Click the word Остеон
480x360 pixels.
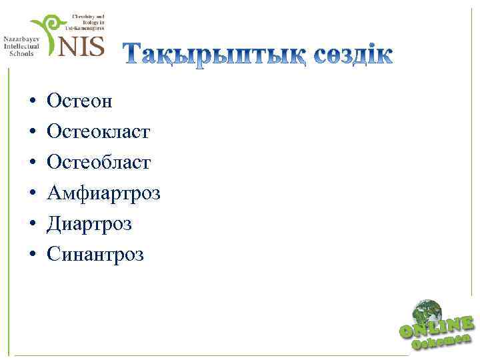coord(79,101)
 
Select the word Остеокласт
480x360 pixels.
coord(98,132)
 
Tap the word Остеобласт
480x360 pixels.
coord(99,163)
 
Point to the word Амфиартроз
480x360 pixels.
coord(103,193)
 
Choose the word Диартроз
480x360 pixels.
coord(89,224)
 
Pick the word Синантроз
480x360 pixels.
coord(95,255)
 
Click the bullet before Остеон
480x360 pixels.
coord(31,102)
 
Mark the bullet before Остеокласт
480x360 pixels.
coord(31,133)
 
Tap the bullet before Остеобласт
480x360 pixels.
coord(31,163)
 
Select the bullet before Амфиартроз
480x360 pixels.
coord(31,194)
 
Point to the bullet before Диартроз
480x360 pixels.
coord(31,225)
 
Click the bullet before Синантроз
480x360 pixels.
coord(31,255)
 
